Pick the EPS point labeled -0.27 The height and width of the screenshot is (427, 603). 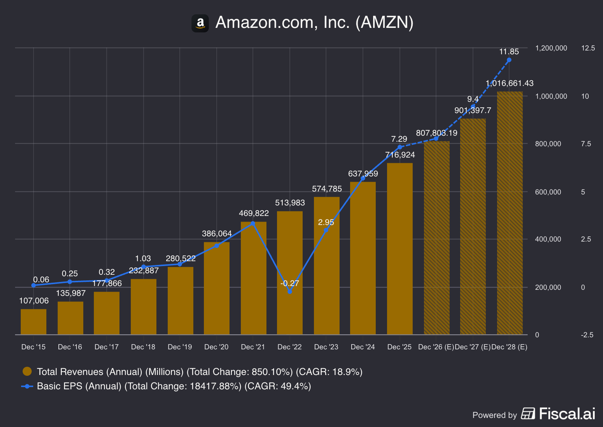click(289, 291)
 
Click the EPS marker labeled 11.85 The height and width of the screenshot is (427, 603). click(509, 60)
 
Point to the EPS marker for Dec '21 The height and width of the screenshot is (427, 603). click(253, 223)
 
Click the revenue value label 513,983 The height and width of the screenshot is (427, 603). click(290, 203)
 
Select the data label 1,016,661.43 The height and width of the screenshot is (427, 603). click(510, 83)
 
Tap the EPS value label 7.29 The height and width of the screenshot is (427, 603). click(399, 139)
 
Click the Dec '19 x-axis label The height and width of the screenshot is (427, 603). click(180, 347)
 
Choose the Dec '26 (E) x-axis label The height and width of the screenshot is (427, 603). click(436, 347)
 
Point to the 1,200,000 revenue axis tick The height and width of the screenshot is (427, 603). click(551, 48)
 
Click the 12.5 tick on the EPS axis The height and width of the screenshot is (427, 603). click(588, 48)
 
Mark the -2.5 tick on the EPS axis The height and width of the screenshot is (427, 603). click(587, 335)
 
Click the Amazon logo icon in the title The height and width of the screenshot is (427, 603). click(200, 23)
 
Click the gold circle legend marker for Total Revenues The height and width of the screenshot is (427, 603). click(27, 372)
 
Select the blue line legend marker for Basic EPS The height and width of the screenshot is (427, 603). click(27, 386)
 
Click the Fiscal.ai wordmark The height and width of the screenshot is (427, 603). click(567, 414)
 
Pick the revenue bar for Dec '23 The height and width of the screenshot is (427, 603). click(327, 266)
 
